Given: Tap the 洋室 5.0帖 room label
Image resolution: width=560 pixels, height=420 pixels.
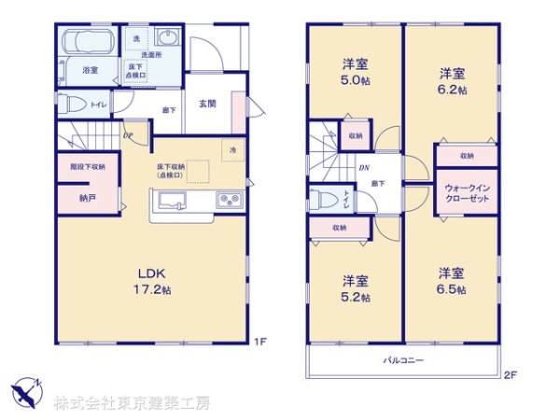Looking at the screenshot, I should click(x=354, y=71).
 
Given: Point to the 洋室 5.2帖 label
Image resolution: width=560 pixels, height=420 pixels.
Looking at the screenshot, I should click(x=355, y=288).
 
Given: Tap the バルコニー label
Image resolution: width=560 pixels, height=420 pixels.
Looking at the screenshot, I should click(x=401, y=359).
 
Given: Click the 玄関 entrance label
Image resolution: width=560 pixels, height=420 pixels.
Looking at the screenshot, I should click(x=207, y=104).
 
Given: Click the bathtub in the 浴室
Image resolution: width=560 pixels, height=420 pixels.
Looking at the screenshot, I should click(x=90, y=43).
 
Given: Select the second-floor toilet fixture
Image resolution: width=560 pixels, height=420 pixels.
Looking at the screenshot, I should click(x=320, y=198).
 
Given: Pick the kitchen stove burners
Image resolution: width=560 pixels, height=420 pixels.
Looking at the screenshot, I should click(x=229, y=200).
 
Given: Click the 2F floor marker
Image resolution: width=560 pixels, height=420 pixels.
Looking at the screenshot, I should click(x=510, y=374).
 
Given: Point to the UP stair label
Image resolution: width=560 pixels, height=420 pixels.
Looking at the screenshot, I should click(x=127, y=135).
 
